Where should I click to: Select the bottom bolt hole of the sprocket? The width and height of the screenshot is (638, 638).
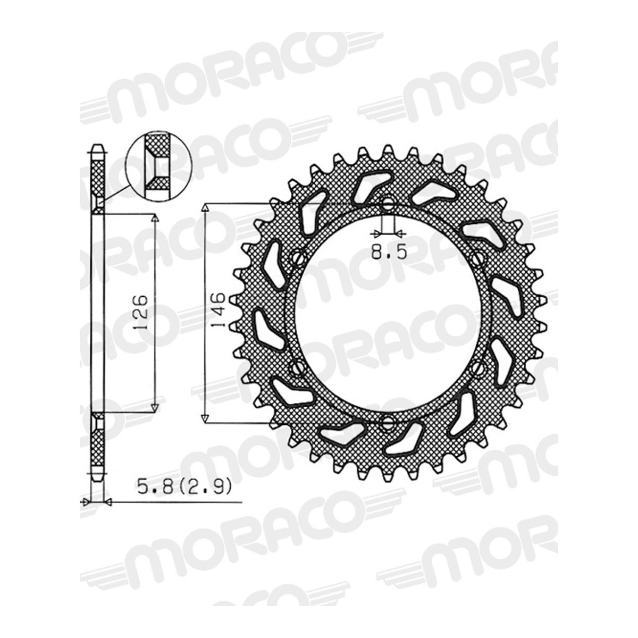point(388,422)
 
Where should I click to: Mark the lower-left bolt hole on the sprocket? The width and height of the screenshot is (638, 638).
point(297,366)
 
